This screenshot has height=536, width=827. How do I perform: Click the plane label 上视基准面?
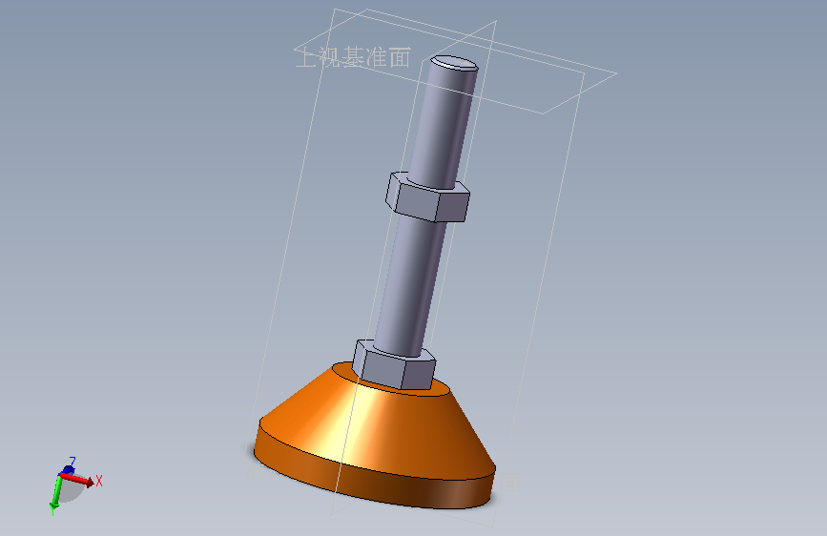pos(353,58)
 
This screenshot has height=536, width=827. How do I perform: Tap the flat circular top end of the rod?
pos(452,64)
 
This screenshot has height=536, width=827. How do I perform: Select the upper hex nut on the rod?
pos(427,197)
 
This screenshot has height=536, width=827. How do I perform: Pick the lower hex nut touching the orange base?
pos(393,362)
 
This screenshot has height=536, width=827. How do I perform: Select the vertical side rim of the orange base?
pos(382,482)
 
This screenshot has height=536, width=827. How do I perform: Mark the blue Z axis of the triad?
pos(68,469)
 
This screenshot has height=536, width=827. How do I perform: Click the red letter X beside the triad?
pos(98,481)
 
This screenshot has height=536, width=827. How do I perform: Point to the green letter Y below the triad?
pos(52,508)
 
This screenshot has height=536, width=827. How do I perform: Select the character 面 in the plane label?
pos(400,58)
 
